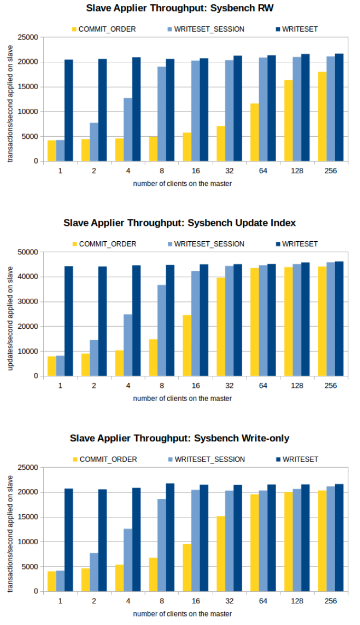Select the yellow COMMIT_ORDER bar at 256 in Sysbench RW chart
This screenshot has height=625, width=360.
pyautogui.click(x=322, y=117)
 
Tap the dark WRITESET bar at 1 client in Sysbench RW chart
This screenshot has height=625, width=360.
pyautogui.click(x=69, y=110)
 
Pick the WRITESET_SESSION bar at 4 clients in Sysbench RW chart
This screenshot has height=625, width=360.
pyautogui.click(x=128, y=129)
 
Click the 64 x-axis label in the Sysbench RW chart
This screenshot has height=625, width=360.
pyautogui.click(x=263, y=171)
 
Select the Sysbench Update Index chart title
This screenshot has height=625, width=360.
pyautogui.click(x=179, y=223)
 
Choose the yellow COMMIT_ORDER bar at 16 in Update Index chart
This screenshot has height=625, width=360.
pyautogui.click(x=187, y=345)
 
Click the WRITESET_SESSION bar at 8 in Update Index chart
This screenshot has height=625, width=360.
pyautogui.click(x=162, y=330)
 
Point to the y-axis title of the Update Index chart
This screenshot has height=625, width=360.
pyautogui.click(x=11, y=314)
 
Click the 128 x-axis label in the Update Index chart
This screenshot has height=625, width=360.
pyautogui.click(x=297, y=386)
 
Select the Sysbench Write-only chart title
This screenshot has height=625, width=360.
pyautogui.click(x=179, y=438)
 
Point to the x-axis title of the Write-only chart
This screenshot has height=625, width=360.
pyautogui.click(x=182, y=614)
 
